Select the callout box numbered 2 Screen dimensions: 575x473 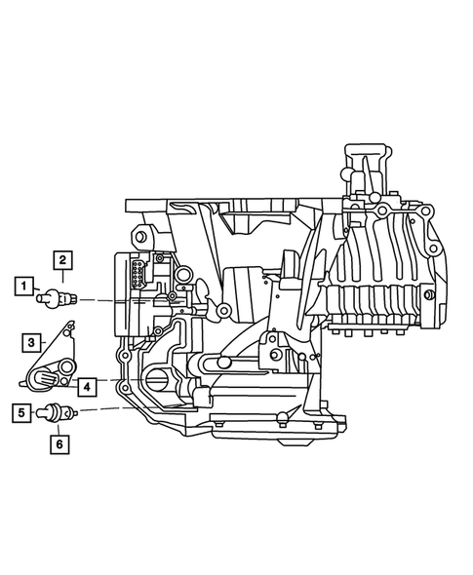pyautogui.click(x=61, y=259)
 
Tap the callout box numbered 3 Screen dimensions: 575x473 pyautogui.click(x=32, y=342)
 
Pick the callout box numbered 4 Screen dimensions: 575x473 pyautogui.click(x=87, y=387)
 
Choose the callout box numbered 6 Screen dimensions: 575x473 pyautogui.click(x=61, y=444)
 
